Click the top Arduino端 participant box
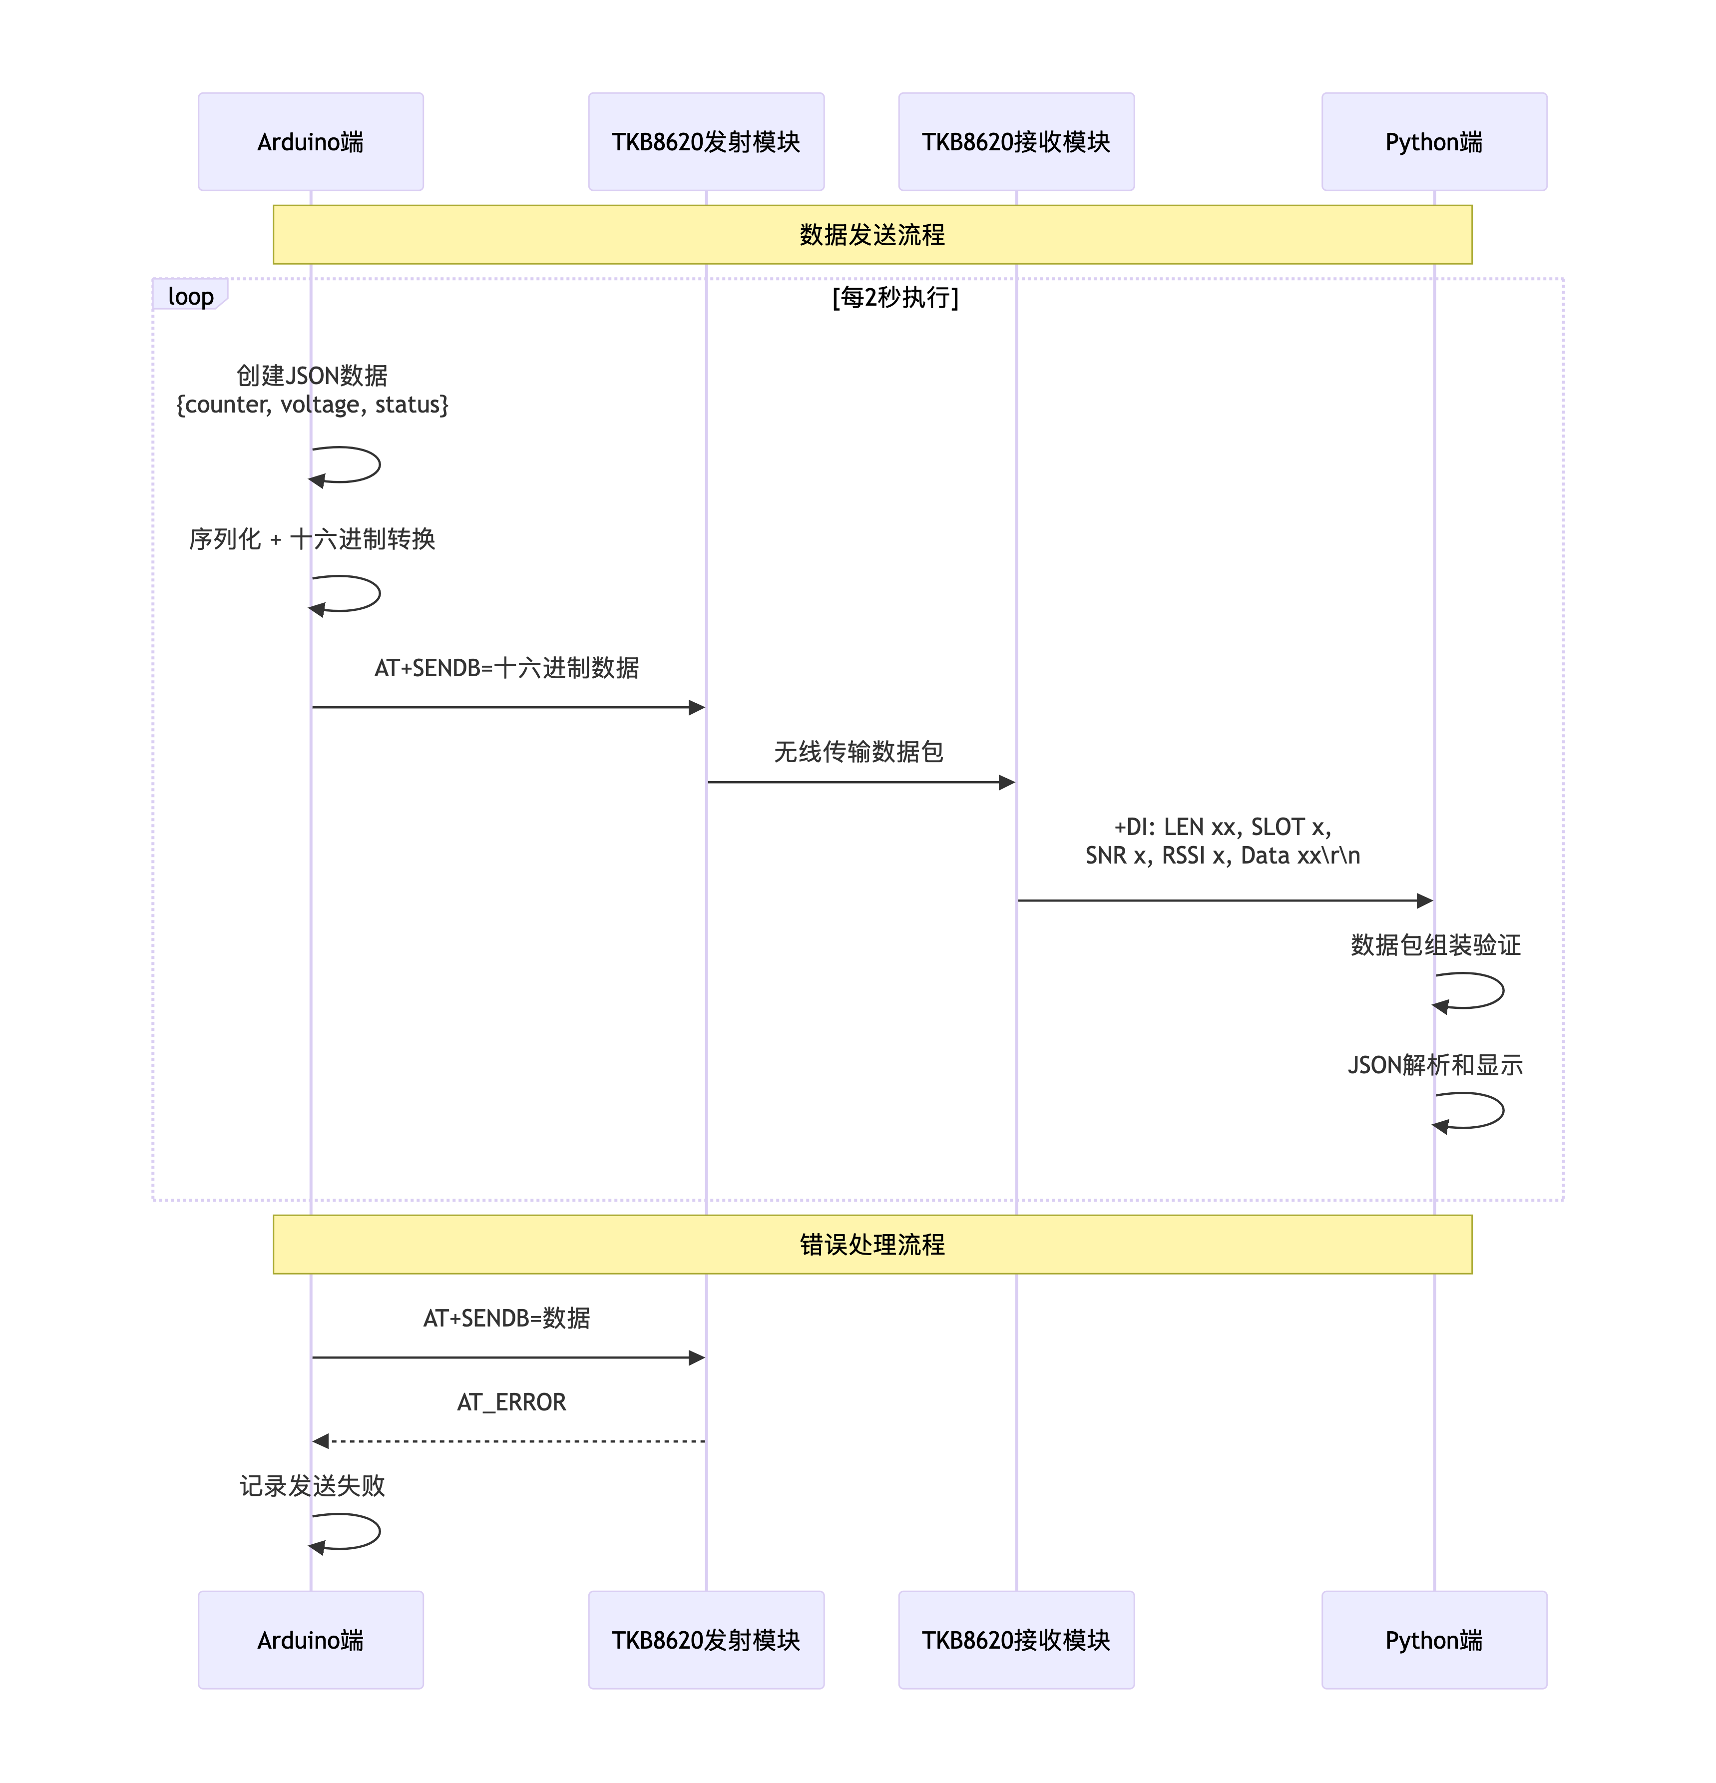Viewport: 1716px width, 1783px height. click(x=310, y=142)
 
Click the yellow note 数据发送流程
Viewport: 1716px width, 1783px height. click(x=871, y=235)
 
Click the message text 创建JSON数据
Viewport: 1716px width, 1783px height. click(x=312, y=375)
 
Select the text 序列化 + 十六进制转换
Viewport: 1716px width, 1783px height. click(x=312, y=538)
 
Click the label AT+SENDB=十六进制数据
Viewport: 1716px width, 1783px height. click(x=507, y=668)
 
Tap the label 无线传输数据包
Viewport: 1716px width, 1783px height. click(x=858, y=751)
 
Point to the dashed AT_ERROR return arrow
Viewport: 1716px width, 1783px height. click(x=509, y=1441)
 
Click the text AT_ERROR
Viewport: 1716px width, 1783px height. click(x=511, y=1402)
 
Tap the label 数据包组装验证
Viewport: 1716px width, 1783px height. click(x=1435, y=945)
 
